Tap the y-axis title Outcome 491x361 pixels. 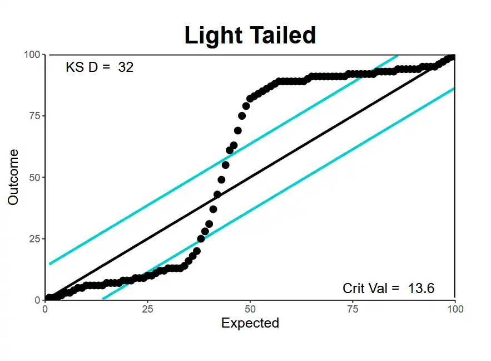click(13, 177)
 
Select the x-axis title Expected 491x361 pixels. click(250, 323)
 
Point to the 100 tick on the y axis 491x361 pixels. click(32, 55)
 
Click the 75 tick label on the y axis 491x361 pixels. click(34, 116)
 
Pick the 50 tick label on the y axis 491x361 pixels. click(34, 177)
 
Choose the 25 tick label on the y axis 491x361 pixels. click(34, 238)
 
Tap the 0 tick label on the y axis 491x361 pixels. click(37, 300)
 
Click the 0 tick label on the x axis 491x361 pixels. click(45, 309)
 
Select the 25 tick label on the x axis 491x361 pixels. click(147, 309)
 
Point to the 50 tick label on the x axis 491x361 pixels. click(250, 309)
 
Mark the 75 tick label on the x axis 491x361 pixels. click(353, 309)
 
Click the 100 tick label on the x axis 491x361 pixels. click(455, 309)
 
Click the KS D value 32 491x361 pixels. click(126, 67)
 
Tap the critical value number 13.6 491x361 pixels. click(421, 288)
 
